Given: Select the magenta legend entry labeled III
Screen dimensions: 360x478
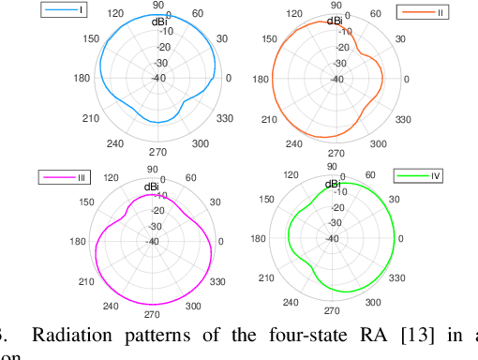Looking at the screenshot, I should [65, 176].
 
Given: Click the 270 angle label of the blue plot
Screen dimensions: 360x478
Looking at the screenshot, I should [158, 151].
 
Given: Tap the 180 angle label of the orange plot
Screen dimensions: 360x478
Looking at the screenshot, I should [261, 79].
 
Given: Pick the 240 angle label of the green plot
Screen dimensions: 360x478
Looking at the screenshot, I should [289, 301].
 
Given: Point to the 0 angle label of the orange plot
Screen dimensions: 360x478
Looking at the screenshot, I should [406, 79].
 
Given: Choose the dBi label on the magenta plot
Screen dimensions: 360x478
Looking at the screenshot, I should [151, 187].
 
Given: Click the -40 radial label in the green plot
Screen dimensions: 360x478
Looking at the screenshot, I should [333, 237].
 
